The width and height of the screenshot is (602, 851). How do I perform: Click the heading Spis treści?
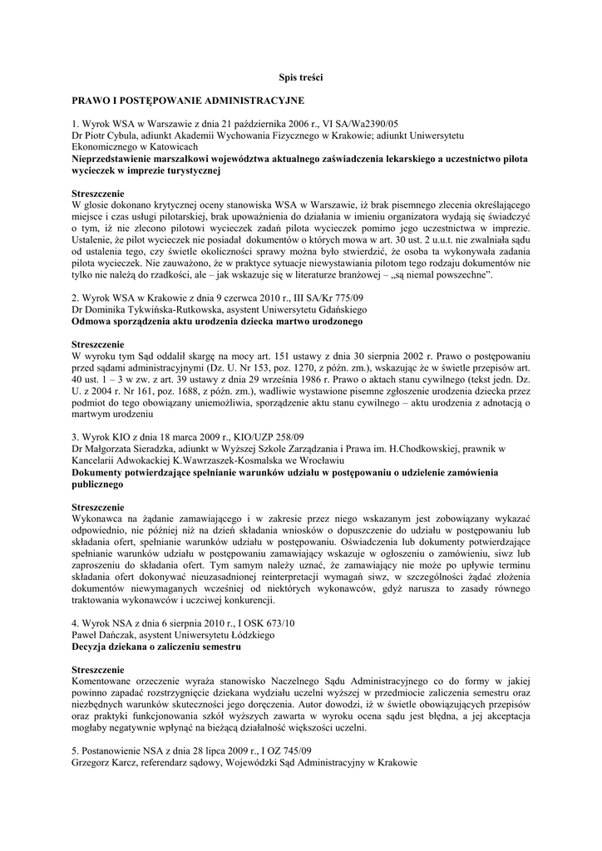click(300, 77)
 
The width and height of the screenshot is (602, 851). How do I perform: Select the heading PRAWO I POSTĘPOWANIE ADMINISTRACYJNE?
click(188, 100)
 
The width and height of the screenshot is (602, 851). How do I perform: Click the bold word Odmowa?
click(93, 320)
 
